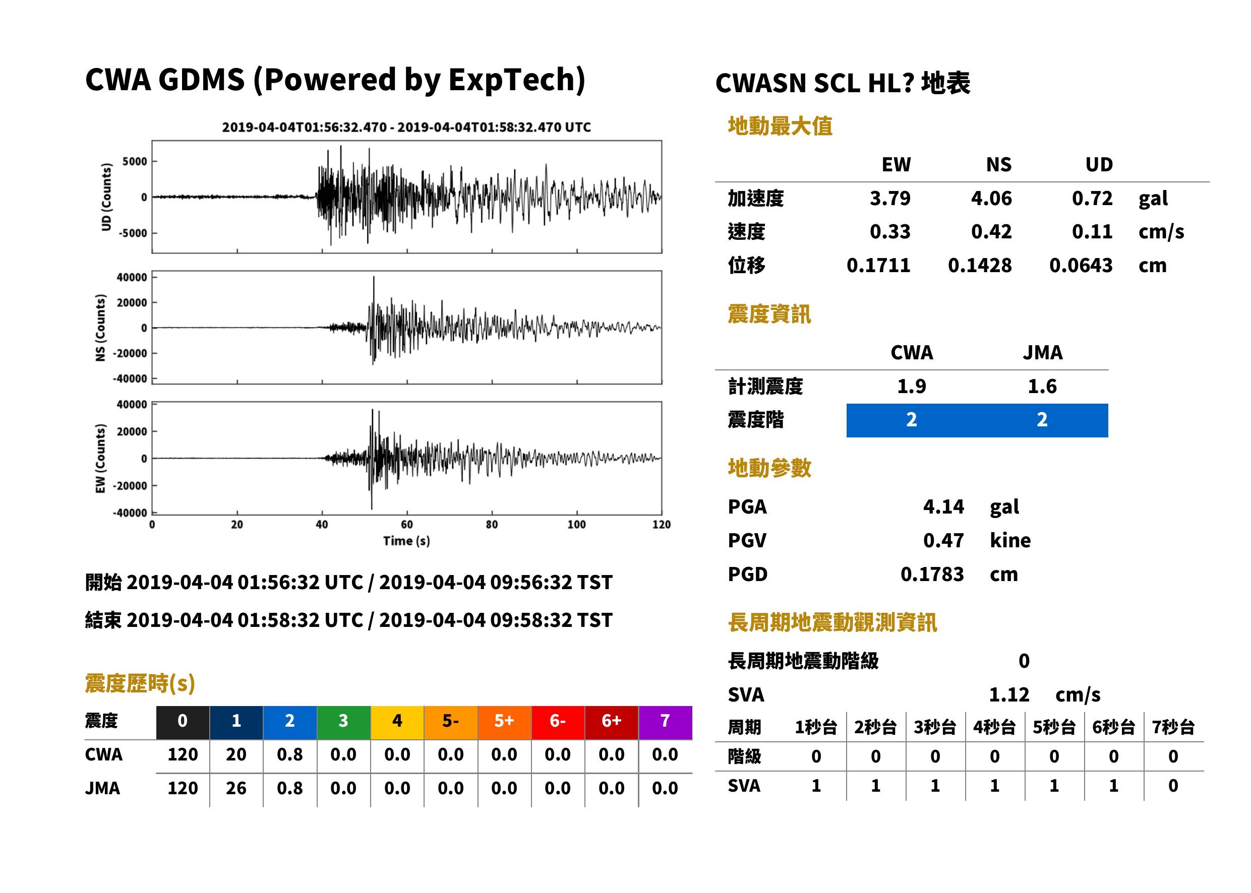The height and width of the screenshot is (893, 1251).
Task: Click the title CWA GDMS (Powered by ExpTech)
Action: pos(335,80)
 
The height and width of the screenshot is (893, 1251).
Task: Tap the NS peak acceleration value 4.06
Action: pos(991,198)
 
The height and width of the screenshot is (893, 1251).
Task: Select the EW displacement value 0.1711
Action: pos(878,265)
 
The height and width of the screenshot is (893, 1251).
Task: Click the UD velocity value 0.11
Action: pos(1092,231)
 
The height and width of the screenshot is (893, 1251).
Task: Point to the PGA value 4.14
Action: pos(943,506)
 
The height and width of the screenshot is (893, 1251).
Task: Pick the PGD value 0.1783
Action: pos(932,574)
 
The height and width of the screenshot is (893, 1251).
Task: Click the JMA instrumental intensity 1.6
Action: pos(1042,386)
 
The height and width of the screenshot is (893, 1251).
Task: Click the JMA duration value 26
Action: pos(236,788)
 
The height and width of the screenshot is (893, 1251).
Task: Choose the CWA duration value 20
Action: pos(236,754)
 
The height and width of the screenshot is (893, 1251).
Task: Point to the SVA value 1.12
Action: pos(1009,694)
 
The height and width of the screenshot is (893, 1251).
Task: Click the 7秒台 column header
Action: pos(1173,727)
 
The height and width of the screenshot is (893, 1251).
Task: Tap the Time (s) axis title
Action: pos(406,541)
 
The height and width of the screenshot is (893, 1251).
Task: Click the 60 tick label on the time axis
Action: pos(406,525)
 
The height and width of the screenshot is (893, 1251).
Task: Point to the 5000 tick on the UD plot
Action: pos(135,161)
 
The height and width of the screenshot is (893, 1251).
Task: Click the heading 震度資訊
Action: pos(769,314)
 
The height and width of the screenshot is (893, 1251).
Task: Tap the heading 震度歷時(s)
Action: pos(140,683)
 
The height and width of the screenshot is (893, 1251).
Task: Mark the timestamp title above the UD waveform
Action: pos(406,127)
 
